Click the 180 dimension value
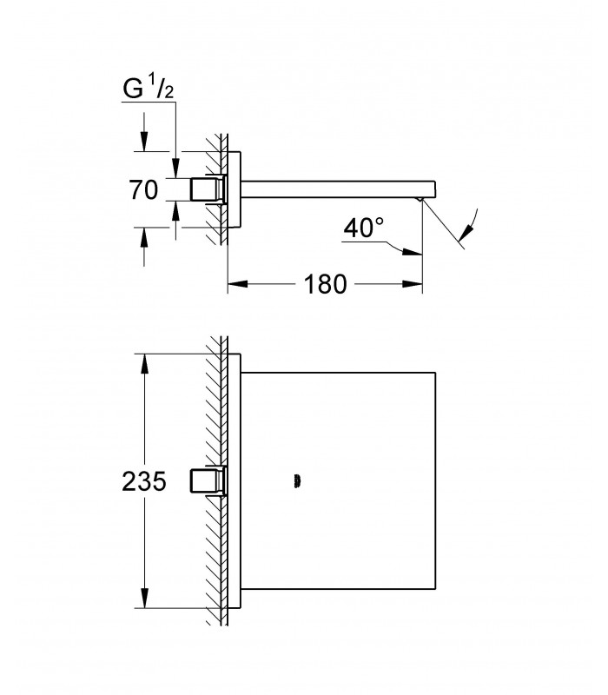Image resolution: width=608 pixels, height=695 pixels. click(325, 284)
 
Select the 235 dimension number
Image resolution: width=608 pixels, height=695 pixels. click(144, 481)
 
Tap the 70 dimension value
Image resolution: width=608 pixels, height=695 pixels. click(143, 189)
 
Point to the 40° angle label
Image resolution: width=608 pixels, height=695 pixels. click(363, 228)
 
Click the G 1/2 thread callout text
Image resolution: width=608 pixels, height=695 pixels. click(148, 89)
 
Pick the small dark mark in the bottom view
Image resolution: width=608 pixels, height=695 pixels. click(297, 481)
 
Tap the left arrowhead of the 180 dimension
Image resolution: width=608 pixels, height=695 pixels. click(237, 284)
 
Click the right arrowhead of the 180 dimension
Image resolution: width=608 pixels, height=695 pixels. click(412, 284)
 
